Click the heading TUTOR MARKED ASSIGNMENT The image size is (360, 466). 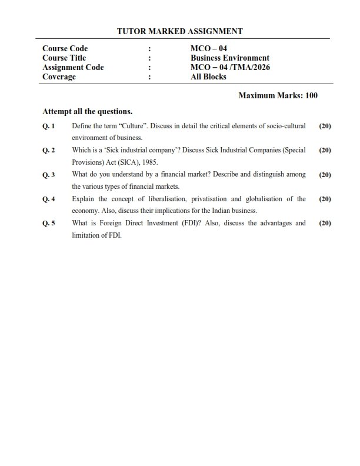pos(180,31)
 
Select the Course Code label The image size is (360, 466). pos(65,48)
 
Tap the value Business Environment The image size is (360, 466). pos(230,58)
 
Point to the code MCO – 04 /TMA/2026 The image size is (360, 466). pos(230,67)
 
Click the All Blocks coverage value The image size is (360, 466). pos(208,76)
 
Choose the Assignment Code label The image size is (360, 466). pos(73,67)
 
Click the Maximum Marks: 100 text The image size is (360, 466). pos(278,95)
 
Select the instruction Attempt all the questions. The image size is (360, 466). pos(88,111)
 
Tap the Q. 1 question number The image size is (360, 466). pos(49,126)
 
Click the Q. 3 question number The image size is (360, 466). pos(49,175)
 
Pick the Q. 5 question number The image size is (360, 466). pos(49,224)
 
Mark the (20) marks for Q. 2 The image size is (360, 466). pos(325,151)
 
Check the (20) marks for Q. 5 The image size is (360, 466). pos(325,224)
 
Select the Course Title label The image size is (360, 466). pos(64,58)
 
